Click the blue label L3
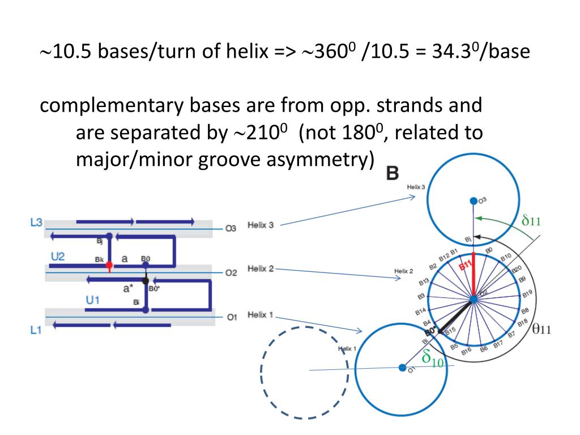pos(36,223)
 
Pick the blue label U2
pos(58,257)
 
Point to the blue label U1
pos(93,300)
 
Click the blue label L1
pos(36,330)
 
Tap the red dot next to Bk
pos(109,265)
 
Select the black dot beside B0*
pos(146,280)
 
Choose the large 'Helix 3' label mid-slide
pos(261,225)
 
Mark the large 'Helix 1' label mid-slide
pos(261,315)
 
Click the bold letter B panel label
pos(392,173)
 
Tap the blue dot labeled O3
pos(473,201)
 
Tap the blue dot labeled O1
pos(403,368)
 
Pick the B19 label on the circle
pos(527,293)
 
